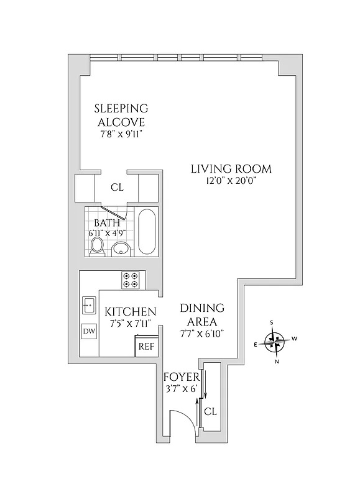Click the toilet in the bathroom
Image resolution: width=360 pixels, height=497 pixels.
(x=96, y=246)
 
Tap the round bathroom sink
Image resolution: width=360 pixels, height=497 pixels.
(x=121, y=249)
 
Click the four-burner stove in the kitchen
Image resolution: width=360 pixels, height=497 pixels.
(x=130, y=280)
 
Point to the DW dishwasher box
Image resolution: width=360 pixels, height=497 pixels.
(x=90, y=331)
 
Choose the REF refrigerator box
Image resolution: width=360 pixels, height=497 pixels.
(x=146, y=346)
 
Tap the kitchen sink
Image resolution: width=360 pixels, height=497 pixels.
(x=89, y=304)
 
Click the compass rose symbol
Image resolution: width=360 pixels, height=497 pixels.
(x=274, y=340)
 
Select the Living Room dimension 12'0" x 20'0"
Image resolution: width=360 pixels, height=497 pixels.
(x=231, y=181)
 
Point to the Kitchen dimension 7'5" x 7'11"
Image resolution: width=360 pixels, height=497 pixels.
(x=129, y=323)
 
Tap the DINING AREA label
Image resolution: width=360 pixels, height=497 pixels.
(x=202, y=315)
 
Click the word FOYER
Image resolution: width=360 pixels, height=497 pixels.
(x=181, y=377)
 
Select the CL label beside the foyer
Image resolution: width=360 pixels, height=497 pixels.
(x=211, y=411)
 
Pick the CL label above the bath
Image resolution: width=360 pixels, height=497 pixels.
(x=117, y=186)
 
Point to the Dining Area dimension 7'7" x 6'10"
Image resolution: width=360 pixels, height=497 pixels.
(x=202, y=333)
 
